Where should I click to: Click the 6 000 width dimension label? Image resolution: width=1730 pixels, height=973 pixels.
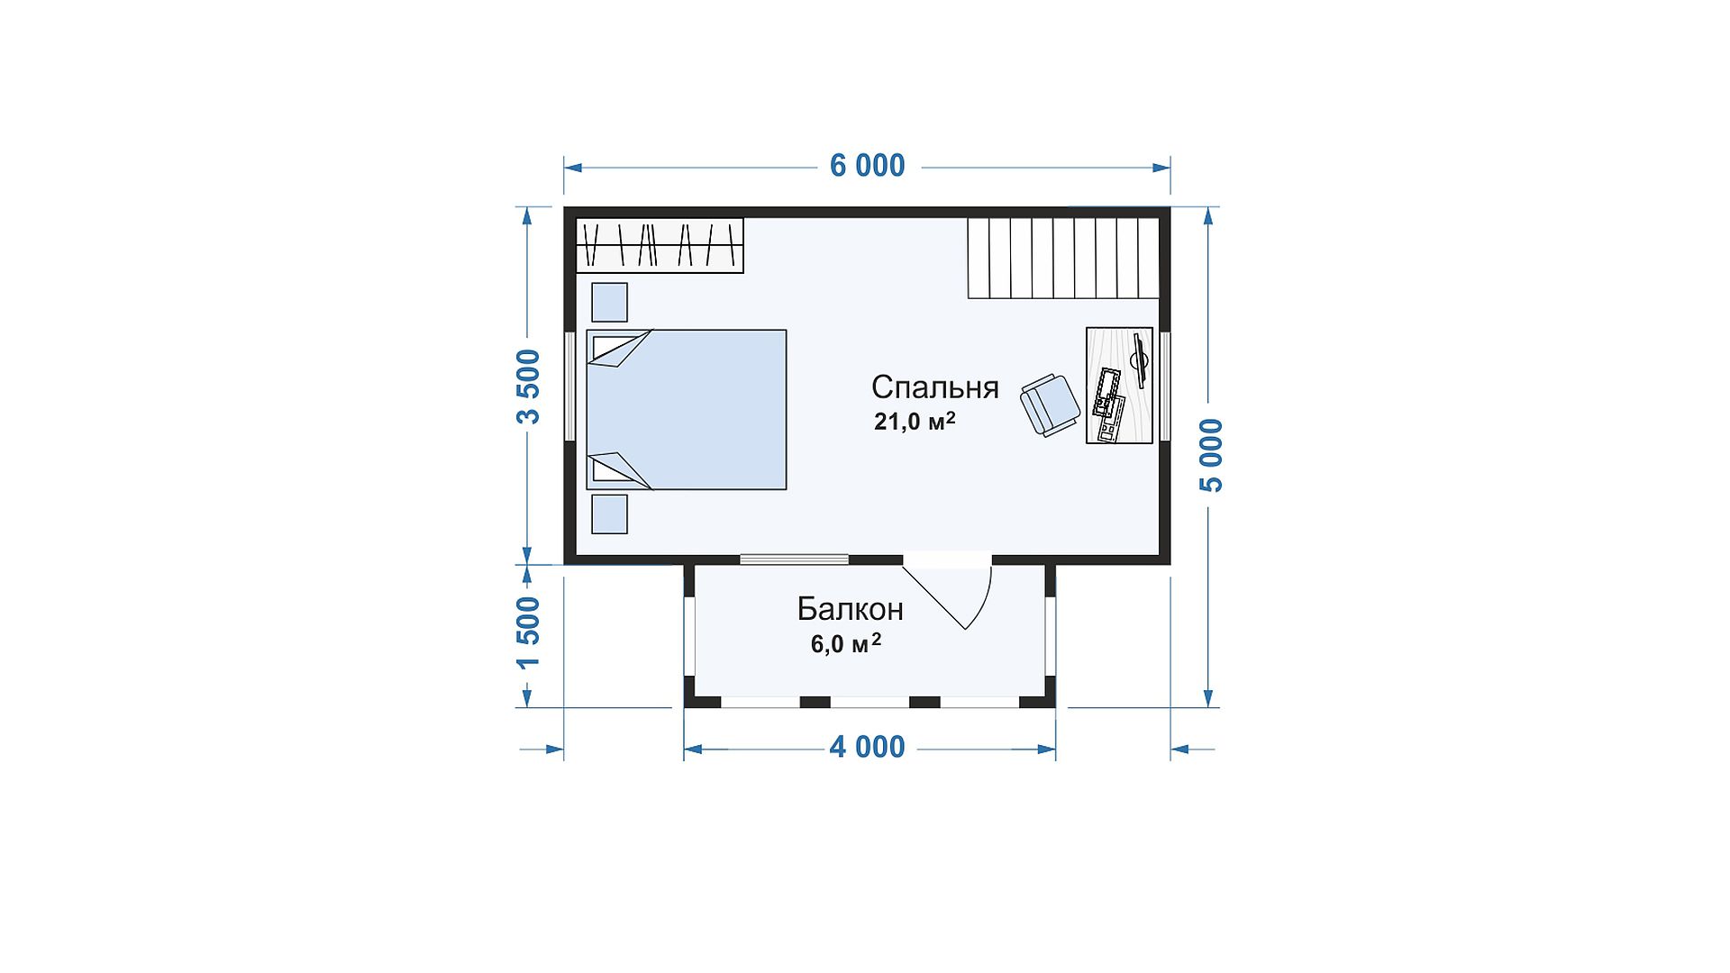(x=867, y=166)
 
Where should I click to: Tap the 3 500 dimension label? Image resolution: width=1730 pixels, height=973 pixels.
(x=528, y=386)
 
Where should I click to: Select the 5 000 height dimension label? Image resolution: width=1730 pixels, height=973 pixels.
(x=1212, y=455)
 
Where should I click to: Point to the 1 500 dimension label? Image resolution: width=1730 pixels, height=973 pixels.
(x=528, y=632)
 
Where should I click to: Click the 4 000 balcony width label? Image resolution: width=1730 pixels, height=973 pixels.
(x=867, y=747)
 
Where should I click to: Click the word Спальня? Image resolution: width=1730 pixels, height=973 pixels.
(x=934, y=387)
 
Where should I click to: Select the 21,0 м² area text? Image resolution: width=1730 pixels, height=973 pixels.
(x=915, y=421)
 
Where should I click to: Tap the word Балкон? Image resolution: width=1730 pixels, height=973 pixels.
(x=850, y=610)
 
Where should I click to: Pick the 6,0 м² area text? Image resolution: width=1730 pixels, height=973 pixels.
(x=845, y=643)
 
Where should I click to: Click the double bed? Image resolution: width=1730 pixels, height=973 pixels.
(x=687, y=410)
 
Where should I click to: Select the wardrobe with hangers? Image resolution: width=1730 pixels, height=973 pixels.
(x=660, y=245)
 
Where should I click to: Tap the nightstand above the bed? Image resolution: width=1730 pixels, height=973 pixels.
(x=609, y=302)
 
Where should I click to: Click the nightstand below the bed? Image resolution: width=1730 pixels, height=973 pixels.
(x=609, y=514)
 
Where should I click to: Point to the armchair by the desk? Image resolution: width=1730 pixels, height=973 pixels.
(x=1050, y=405)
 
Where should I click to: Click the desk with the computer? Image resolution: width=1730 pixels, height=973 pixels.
(x=1119, y=386)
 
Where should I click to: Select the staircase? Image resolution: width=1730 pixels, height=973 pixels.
(x=1063, y=258)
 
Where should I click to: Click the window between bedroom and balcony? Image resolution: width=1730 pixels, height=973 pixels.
(x=794, y=559)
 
